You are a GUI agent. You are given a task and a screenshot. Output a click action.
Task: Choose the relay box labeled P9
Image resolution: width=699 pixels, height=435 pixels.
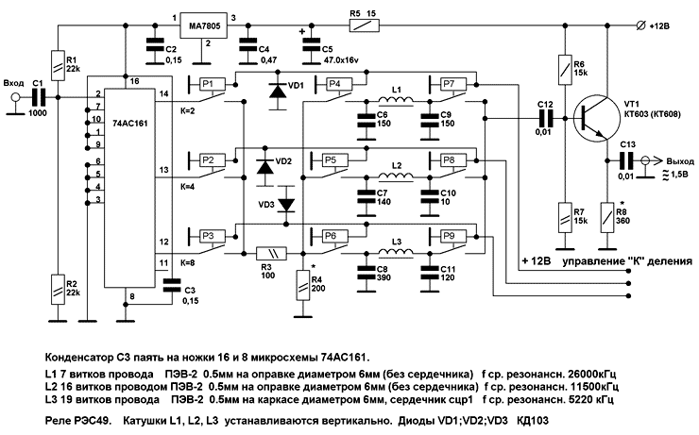pos(448,235)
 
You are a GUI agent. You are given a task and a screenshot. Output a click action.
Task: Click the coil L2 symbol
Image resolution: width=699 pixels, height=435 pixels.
pos(395,175)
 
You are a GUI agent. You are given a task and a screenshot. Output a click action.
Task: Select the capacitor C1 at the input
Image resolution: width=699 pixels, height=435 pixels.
pos(39,96)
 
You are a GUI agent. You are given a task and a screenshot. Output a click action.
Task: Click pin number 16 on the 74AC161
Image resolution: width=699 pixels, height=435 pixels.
pos(136,82)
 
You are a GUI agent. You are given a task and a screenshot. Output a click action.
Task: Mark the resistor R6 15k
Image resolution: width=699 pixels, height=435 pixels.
pos(564,68)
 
